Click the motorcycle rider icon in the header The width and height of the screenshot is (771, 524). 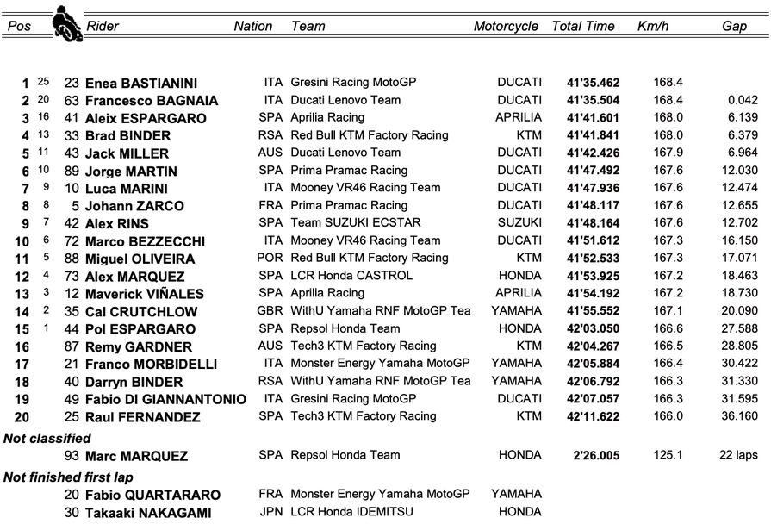coord(65,22)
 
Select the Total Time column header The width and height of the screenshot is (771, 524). coord(583,26)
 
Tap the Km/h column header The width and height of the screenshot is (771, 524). coord(652,26)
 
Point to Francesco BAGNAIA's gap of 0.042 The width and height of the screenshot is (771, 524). coord(741,100)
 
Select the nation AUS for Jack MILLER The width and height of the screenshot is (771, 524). coord(270,153)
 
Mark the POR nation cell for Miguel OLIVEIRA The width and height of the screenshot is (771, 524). coord(270,258)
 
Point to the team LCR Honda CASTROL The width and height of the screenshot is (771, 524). coord(352,276)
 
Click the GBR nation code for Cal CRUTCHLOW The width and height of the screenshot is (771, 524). coord(270,311)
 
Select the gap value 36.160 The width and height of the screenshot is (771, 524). coord(738,416)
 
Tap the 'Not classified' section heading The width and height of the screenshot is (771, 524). coord(47,438)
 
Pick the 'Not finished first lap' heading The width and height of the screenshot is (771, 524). coord(68,477)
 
